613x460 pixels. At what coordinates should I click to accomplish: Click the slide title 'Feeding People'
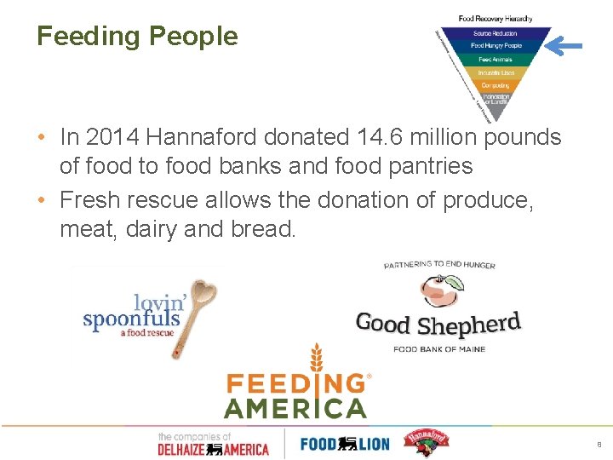pos(137,37)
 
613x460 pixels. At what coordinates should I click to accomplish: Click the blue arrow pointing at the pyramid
pos(564,45)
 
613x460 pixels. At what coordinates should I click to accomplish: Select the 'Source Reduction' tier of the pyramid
pos(495,33)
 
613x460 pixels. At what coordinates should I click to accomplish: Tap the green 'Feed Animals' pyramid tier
pos(495,60)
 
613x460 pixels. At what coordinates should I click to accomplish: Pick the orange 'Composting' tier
pos(495,85)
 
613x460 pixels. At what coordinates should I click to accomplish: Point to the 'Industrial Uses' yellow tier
pos(495,72)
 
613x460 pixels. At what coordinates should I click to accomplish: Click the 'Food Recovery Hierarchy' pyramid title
pos(495,19)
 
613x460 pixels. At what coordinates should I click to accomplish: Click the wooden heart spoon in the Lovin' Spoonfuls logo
pos(198,307)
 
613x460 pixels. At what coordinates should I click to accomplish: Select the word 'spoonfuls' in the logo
pos(131,319)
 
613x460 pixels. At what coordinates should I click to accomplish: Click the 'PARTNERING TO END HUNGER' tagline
pos(439,266)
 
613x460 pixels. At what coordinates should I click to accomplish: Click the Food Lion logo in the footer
pos(344,443)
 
